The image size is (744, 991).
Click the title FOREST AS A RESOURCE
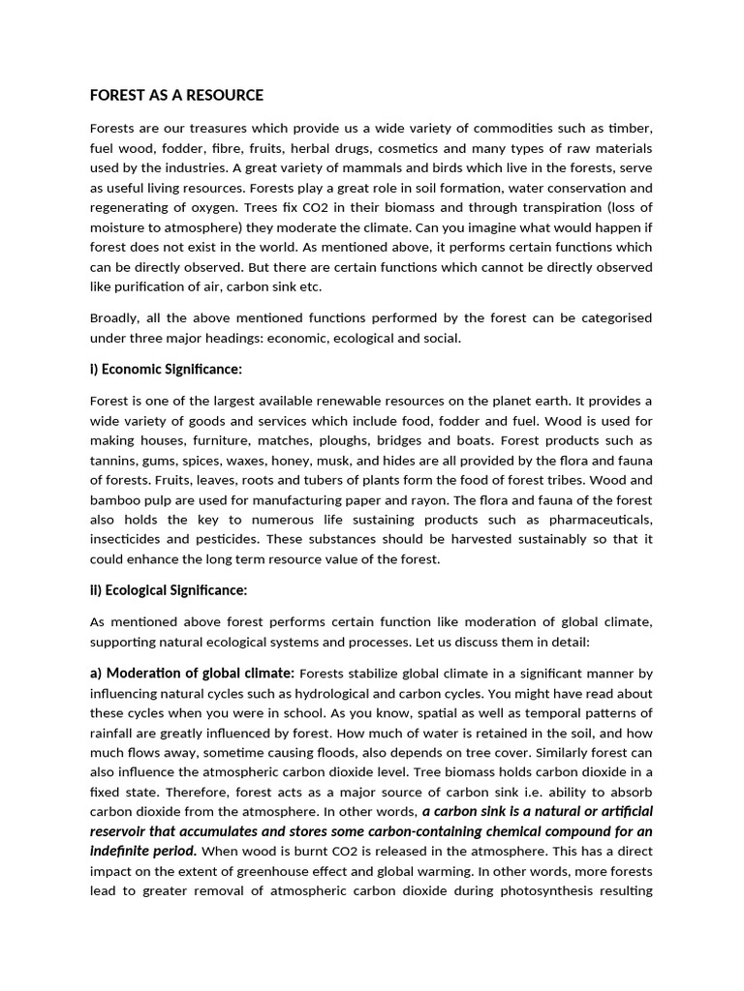click(x=176, y=95)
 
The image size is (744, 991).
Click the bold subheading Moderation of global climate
click(x=200, y=673)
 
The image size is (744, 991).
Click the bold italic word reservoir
click(x=125, y=831)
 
